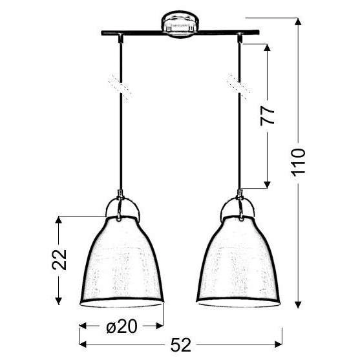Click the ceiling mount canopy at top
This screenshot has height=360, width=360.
pos(178,26)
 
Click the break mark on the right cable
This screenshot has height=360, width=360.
pos(235,85)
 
